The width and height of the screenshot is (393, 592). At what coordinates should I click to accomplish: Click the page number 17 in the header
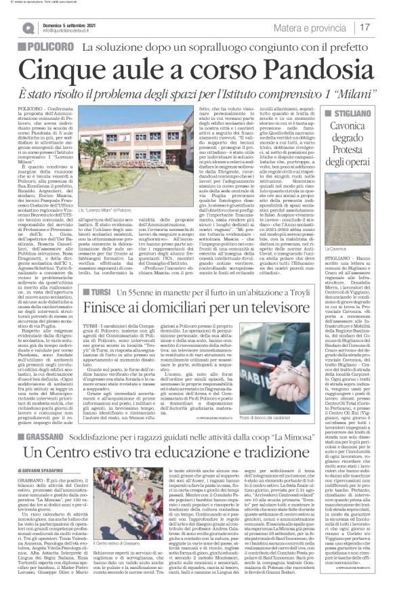click(x=365, y=27)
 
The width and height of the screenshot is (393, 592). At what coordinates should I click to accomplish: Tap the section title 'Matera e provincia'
click(x=314, y=27)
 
